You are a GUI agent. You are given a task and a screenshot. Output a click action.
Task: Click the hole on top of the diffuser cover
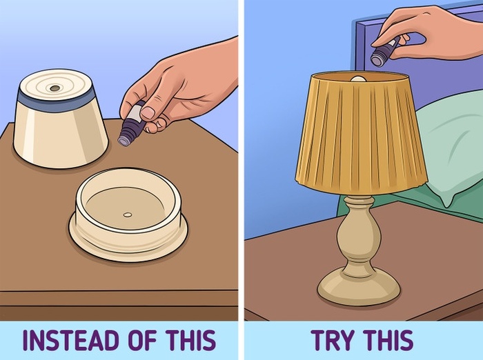point(55,88)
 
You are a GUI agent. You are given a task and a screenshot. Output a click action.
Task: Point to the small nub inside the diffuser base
point(128,214)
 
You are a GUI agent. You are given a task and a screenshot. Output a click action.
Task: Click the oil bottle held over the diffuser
point(132,124)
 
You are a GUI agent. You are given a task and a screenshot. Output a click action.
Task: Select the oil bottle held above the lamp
point(384,52)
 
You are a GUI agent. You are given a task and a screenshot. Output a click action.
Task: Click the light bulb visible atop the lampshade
point(359,79)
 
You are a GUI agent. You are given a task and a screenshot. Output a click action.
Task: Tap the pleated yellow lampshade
point(361,132)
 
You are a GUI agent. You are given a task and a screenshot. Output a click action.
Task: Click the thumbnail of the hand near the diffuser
point(148,112)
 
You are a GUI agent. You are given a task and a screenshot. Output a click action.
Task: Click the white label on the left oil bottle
point(135,112)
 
